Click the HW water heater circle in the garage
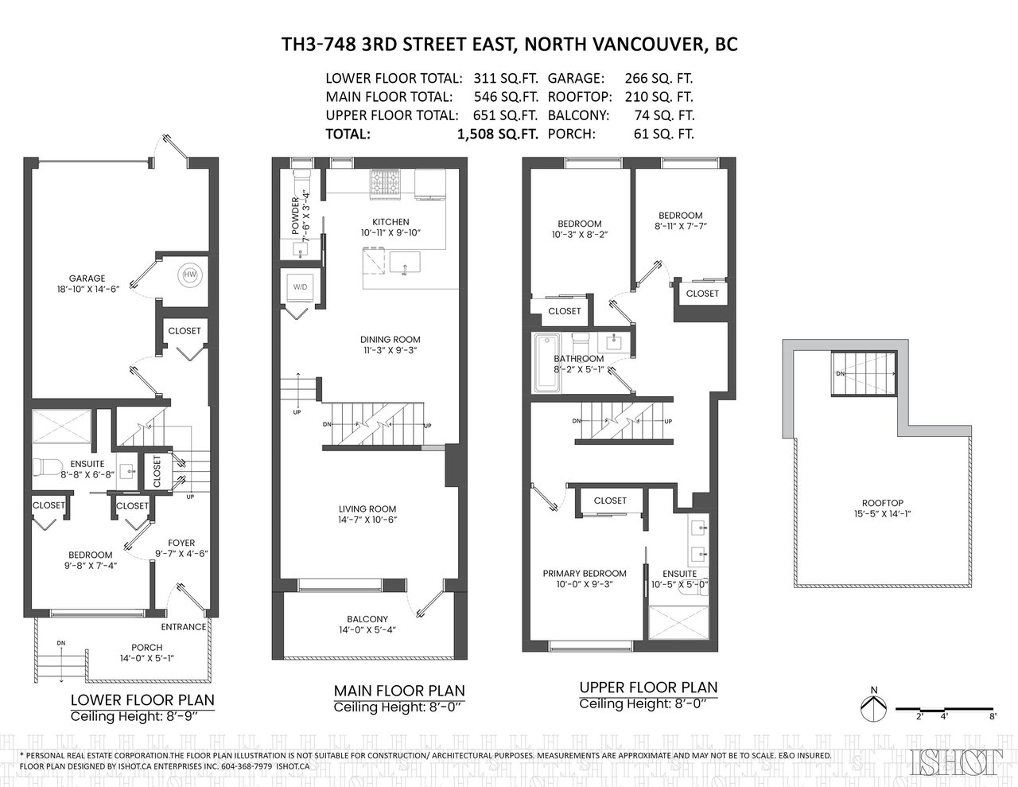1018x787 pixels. [190, 275]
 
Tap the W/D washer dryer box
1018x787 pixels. [301, 286]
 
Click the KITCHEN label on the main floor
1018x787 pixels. [390, 222]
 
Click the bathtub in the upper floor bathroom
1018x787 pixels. [547, 364]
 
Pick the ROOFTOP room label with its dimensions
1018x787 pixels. [883, 508]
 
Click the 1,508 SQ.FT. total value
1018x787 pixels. [498, 134]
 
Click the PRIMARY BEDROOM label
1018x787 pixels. [585, 574]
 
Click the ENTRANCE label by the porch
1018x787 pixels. [184, 627]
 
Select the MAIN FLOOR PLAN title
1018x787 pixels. [399, 691]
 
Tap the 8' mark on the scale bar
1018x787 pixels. [993, 730]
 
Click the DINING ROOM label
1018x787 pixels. [390, 339]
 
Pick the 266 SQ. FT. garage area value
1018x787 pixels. [659, 78]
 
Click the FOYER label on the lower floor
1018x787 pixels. [181, 543]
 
